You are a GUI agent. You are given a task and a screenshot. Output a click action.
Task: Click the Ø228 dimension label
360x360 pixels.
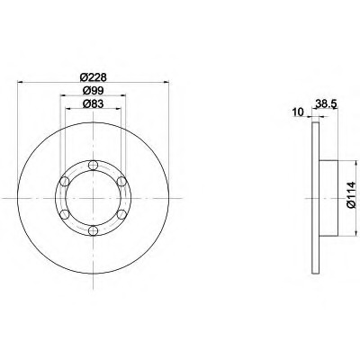coord(94,77)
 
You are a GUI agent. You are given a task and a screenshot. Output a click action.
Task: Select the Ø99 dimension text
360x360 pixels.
coord(94,90)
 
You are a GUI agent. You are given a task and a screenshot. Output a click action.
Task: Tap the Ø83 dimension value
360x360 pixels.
coord(94,103)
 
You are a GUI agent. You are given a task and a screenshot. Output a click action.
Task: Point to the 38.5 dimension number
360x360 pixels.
coord(327,104)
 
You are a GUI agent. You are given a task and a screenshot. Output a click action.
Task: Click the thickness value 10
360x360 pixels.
coord(298,112)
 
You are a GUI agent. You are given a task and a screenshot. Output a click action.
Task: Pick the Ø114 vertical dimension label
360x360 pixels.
coord(351,195)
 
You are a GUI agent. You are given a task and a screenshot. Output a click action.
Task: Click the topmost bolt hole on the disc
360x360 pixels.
coord(94,165)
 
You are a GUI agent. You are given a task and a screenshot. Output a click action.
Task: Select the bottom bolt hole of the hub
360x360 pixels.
coord(94,230)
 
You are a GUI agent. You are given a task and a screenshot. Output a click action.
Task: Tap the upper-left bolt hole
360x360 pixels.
coord(65,182)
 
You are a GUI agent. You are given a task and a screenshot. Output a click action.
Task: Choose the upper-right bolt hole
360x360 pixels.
coord(121,182)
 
